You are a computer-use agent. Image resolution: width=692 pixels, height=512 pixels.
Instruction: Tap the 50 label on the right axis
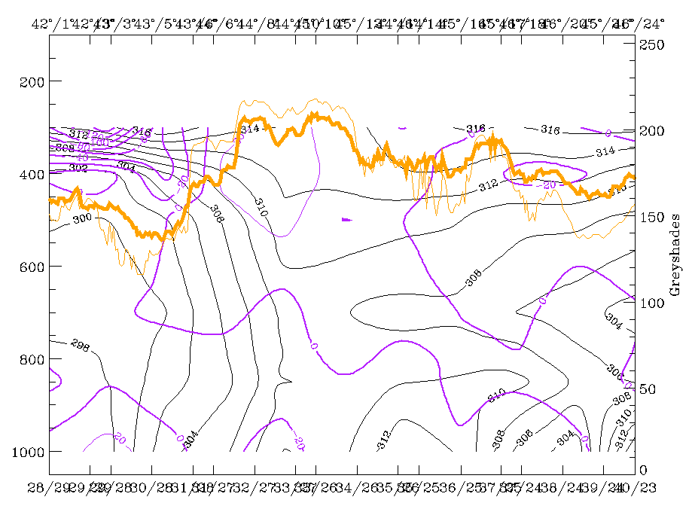point(649,389)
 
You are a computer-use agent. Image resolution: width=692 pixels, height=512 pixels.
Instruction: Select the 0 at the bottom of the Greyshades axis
point(645,470)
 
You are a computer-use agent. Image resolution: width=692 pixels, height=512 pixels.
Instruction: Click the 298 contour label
point(80,345)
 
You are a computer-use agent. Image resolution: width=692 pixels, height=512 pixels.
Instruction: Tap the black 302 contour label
point(78,167)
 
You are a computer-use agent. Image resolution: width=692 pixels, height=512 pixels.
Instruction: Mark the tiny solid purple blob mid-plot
point(346,220)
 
